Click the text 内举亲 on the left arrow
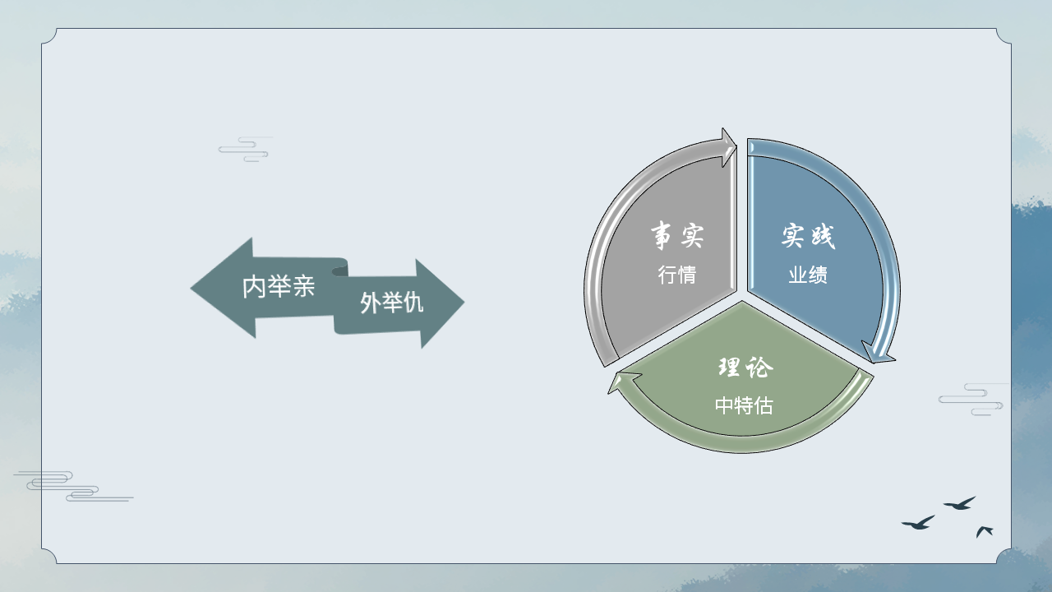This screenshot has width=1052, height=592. pos(279,286)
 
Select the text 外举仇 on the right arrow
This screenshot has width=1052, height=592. pos(392,302)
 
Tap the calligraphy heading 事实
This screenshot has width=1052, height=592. pos(677,235)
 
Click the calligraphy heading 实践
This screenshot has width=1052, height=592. pos(808,235)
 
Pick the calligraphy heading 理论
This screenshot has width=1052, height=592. pos(745,367)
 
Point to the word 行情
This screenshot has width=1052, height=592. pos(676,275)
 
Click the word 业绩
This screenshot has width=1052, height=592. pos(808,275)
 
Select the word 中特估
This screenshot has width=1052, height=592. pos(744,405)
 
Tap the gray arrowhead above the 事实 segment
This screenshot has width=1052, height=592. pos(728,146)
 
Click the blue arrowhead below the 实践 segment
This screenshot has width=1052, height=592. pos(876,354)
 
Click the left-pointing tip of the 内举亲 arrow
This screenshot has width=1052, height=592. pos(191,289)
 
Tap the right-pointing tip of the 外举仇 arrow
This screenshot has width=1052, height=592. pos(464,303)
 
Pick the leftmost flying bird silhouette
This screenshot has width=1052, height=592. pos(918,523)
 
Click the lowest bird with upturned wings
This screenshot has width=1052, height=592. pos(984,531)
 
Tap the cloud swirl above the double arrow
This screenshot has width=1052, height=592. pos(245,150)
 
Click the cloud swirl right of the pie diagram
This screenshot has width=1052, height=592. pos(972,400)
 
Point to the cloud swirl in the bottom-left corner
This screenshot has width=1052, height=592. pos(73,486)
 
